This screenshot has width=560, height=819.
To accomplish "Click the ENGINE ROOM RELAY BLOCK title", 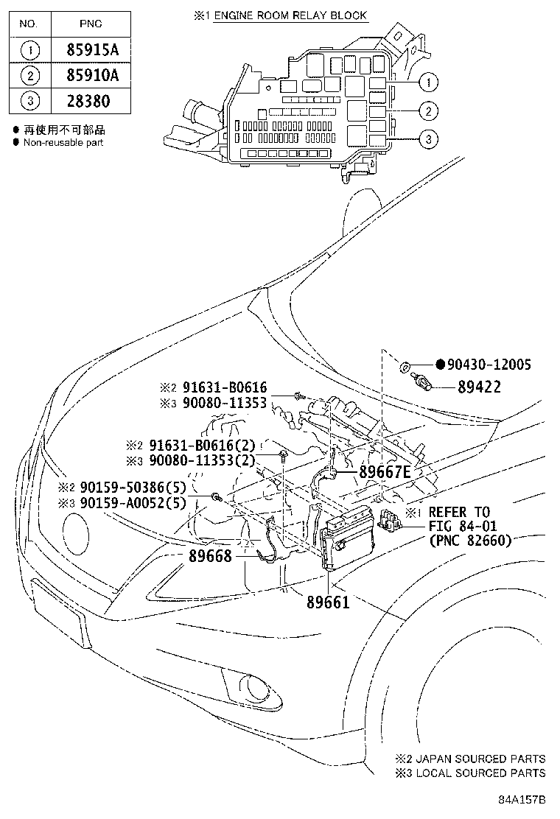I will pyautogui.click(x=290, y=15).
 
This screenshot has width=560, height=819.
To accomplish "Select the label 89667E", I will pyautogui.click(x=385, y=472).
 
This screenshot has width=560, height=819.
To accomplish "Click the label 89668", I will pyautogui.click(x=210, y=557).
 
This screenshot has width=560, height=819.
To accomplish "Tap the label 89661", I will pyautogui.click(x=327, y=602).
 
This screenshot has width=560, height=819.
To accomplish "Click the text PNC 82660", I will pyautogui.click(x=469, y=540).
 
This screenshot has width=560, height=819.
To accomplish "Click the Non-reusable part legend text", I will pyautogui.click(x=63, y=142).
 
